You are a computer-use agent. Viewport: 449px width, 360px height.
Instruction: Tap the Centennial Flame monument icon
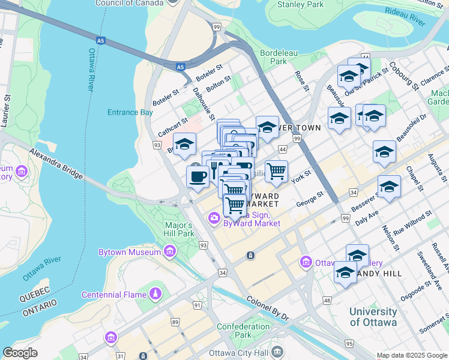click(155, 294)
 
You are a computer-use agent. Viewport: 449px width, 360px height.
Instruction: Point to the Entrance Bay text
click(130, 112)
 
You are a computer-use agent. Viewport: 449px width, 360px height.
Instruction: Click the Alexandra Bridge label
click(55, 163)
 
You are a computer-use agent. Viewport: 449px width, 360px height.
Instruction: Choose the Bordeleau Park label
click(279, 57)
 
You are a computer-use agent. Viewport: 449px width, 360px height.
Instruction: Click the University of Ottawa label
click(373, 317)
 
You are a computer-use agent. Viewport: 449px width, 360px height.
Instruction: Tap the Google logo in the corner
click(20, 353)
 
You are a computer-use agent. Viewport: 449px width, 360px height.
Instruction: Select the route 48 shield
click(327, 300)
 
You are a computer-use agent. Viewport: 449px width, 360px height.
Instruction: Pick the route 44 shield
click(282, 149)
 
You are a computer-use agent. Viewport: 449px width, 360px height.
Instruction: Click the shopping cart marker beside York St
click(276, 171)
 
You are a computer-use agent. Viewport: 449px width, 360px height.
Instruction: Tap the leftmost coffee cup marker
click(197, 177)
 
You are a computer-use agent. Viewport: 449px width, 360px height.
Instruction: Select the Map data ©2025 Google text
click(411, 355)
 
